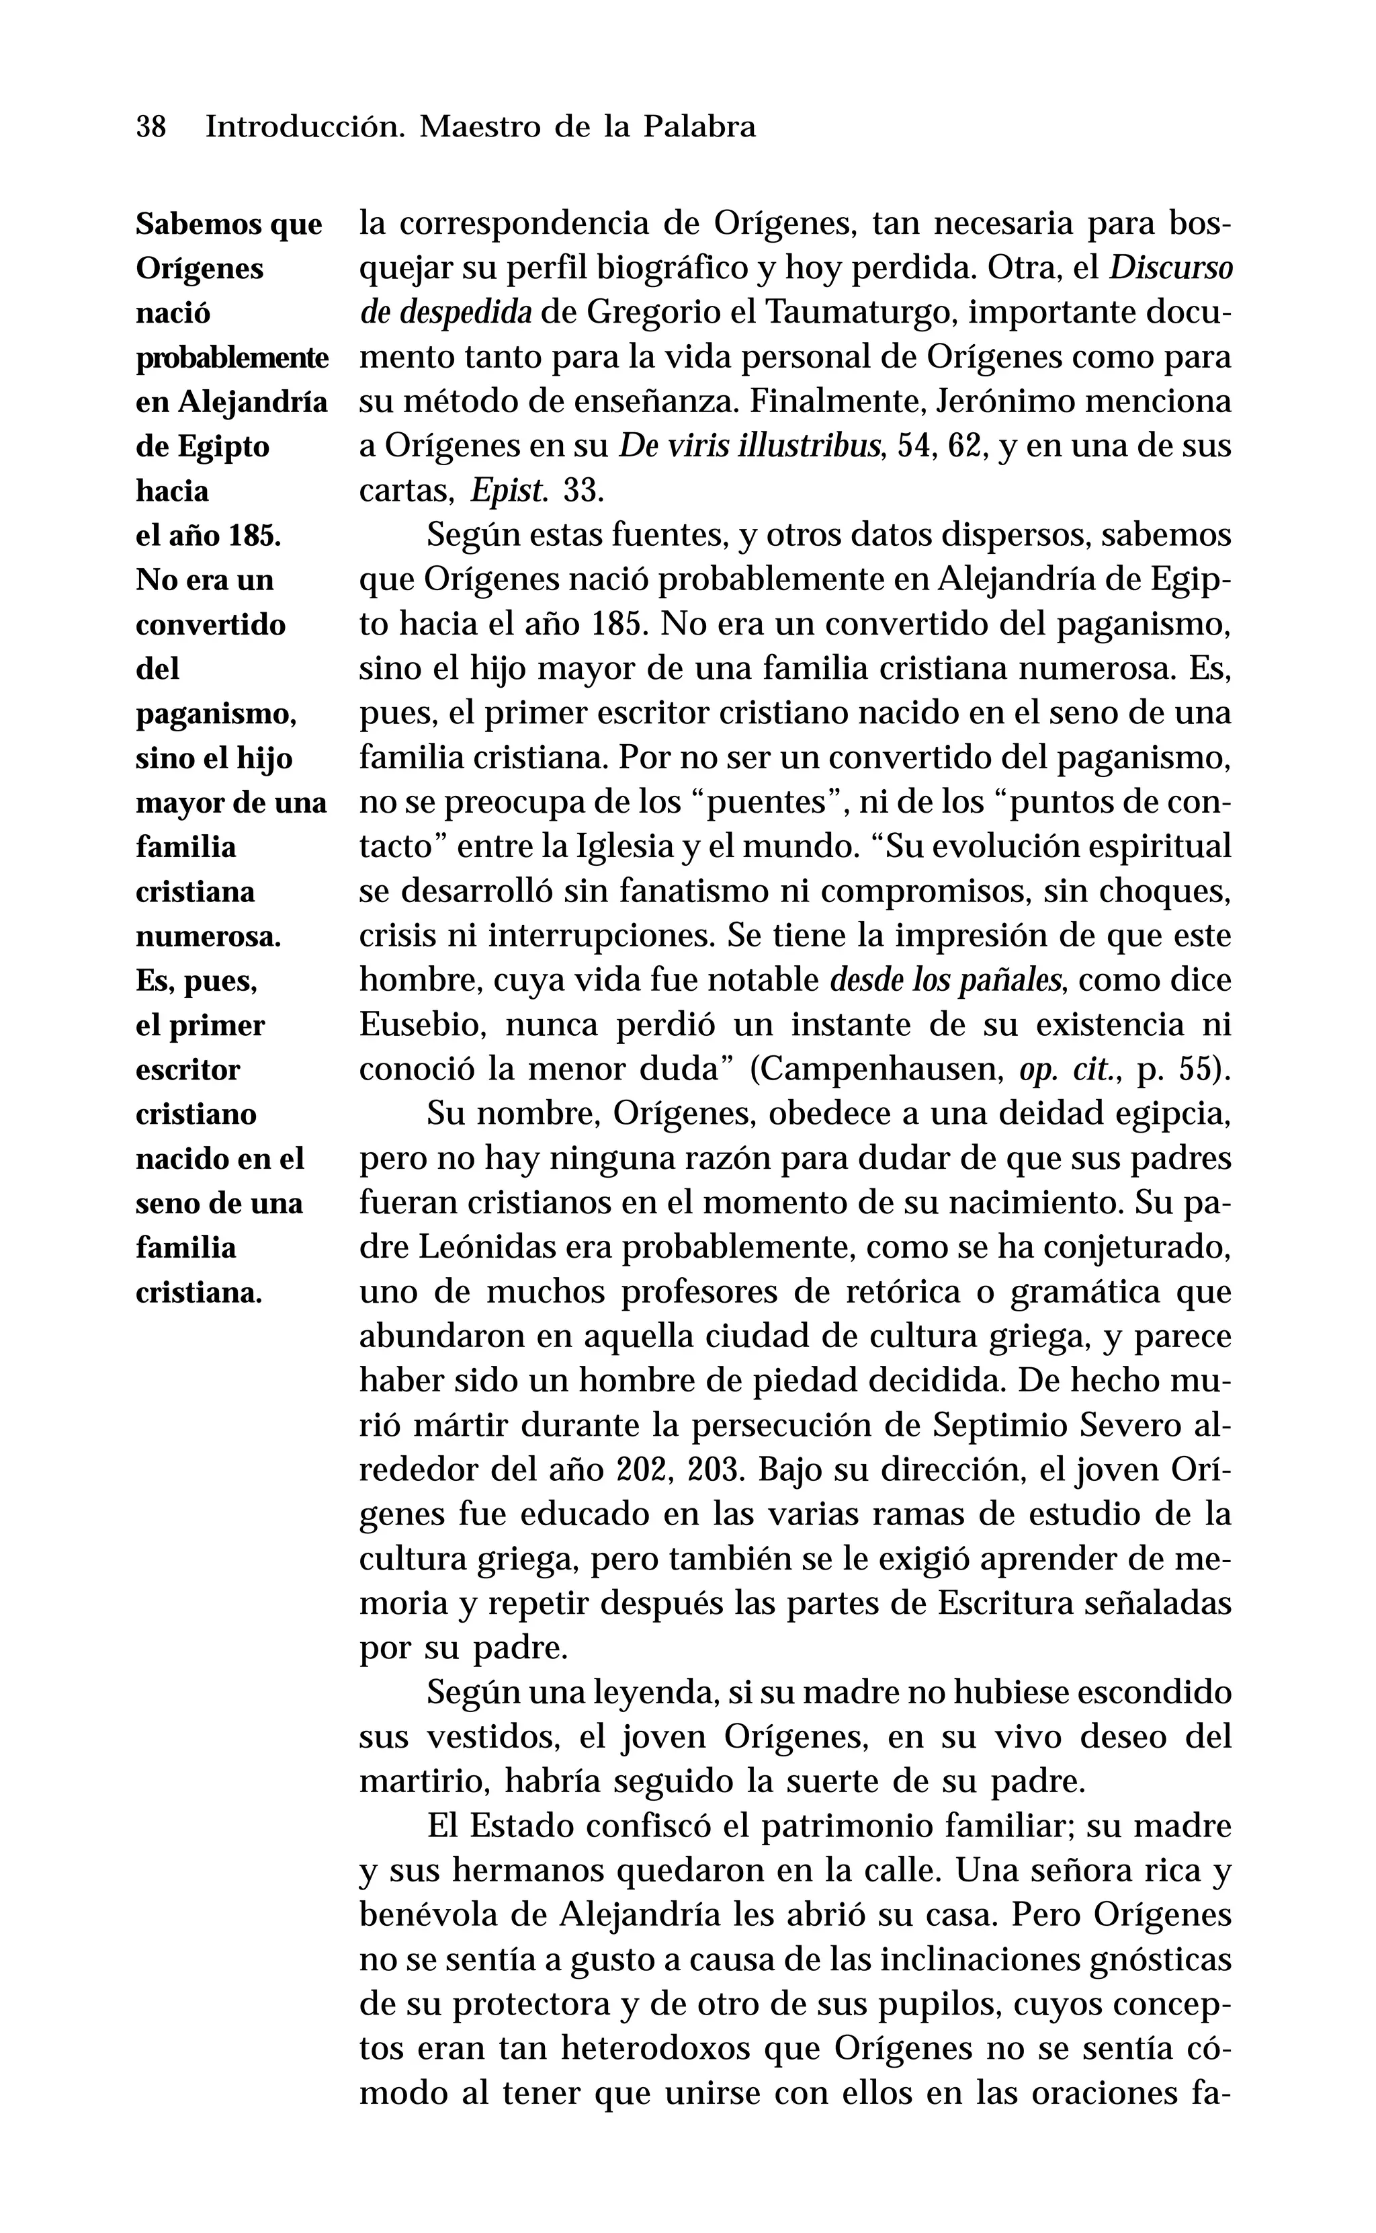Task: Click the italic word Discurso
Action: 1171,269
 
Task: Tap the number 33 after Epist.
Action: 583,491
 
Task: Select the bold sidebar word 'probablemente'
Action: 232,358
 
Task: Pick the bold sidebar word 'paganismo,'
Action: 216,715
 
